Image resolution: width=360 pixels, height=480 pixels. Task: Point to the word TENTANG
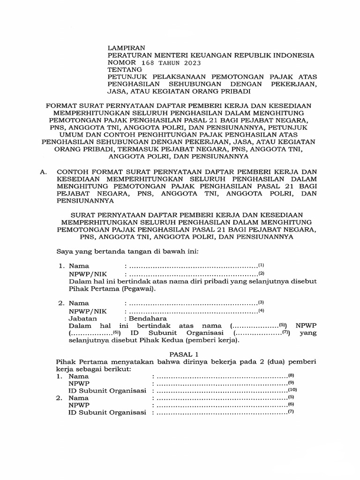pos(124,70)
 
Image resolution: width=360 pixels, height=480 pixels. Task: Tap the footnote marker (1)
pos(262,265)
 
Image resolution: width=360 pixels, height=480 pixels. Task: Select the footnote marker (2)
pos(262,273)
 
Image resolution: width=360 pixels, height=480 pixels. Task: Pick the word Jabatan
pos(82,317)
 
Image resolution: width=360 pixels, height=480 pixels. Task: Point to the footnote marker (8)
pos(291,375)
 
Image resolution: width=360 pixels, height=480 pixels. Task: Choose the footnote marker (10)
pos(292,390)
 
